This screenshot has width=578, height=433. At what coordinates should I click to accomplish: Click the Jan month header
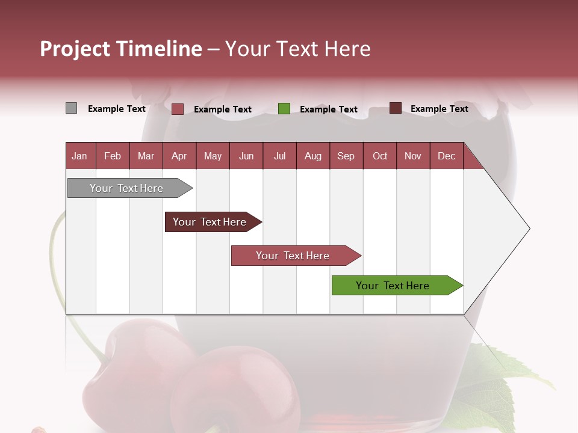[80, 156]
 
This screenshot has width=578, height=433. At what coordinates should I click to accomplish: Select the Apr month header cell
[179, 156]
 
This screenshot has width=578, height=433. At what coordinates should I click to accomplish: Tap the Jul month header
[279, 156]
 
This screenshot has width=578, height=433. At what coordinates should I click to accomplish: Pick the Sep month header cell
[346, 156]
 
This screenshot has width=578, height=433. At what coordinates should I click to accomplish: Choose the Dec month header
[446, 156]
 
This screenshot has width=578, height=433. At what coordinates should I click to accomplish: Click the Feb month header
[113, 156]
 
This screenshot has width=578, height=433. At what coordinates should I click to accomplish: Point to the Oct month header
[380, 156]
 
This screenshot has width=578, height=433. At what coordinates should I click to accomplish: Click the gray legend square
[71, 108]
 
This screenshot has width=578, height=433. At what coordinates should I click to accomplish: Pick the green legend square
[284, 109]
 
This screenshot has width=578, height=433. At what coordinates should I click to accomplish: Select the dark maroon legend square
[395, 108]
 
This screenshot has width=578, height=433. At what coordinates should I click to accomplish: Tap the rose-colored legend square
[178, 109]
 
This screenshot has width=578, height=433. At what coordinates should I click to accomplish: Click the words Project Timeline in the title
[120, 49]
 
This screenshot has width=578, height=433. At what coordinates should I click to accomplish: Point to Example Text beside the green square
[328, 109]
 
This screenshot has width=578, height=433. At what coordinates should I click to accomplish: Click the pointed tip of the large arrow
[528, 229]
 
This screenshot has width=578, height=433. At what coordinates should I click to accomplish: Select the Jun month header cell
[246, 156]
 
